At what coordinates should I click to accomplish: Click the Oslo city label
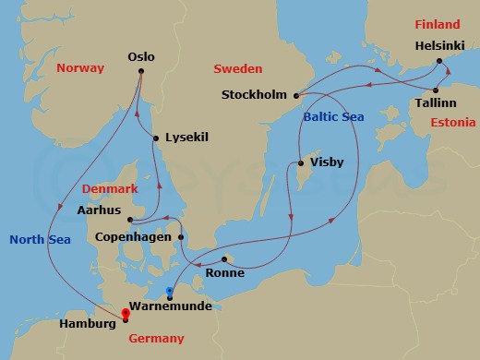point(141,57)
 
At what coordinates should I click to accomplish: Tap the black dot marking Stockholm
point(294,95)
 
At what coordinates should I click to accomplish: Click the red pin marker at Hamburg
point(125,315)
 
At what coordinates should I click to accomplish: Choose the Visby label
point(327,162)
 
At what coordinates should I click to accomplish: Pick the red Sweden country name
point(238,69)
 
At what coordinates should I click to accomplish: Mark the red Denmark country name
point(110,188)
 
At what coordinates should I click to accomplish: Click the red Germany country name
point(156,339)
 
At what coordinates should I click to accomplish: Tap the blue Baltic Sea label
point(333,116)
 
